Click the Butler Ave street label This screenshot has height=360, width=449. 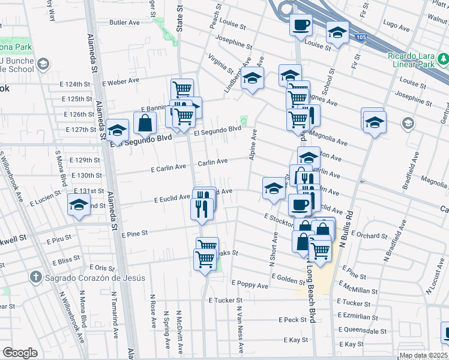(125, 23)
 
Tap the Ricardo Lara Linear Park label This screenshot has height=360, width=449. (415, 59)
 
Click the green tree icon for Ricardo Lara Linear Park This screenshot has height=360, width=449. (444, 59)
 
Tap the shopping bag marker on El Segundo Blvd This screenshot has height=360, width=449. (146, 124)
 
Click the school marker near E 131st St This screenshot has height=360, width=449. (78, 206)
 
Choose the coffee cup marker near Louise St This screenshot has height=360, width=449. (301, 26)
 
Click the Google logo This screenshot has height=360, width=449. (20, 353)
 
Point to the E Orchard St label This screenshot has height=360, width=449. (367, 235)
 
